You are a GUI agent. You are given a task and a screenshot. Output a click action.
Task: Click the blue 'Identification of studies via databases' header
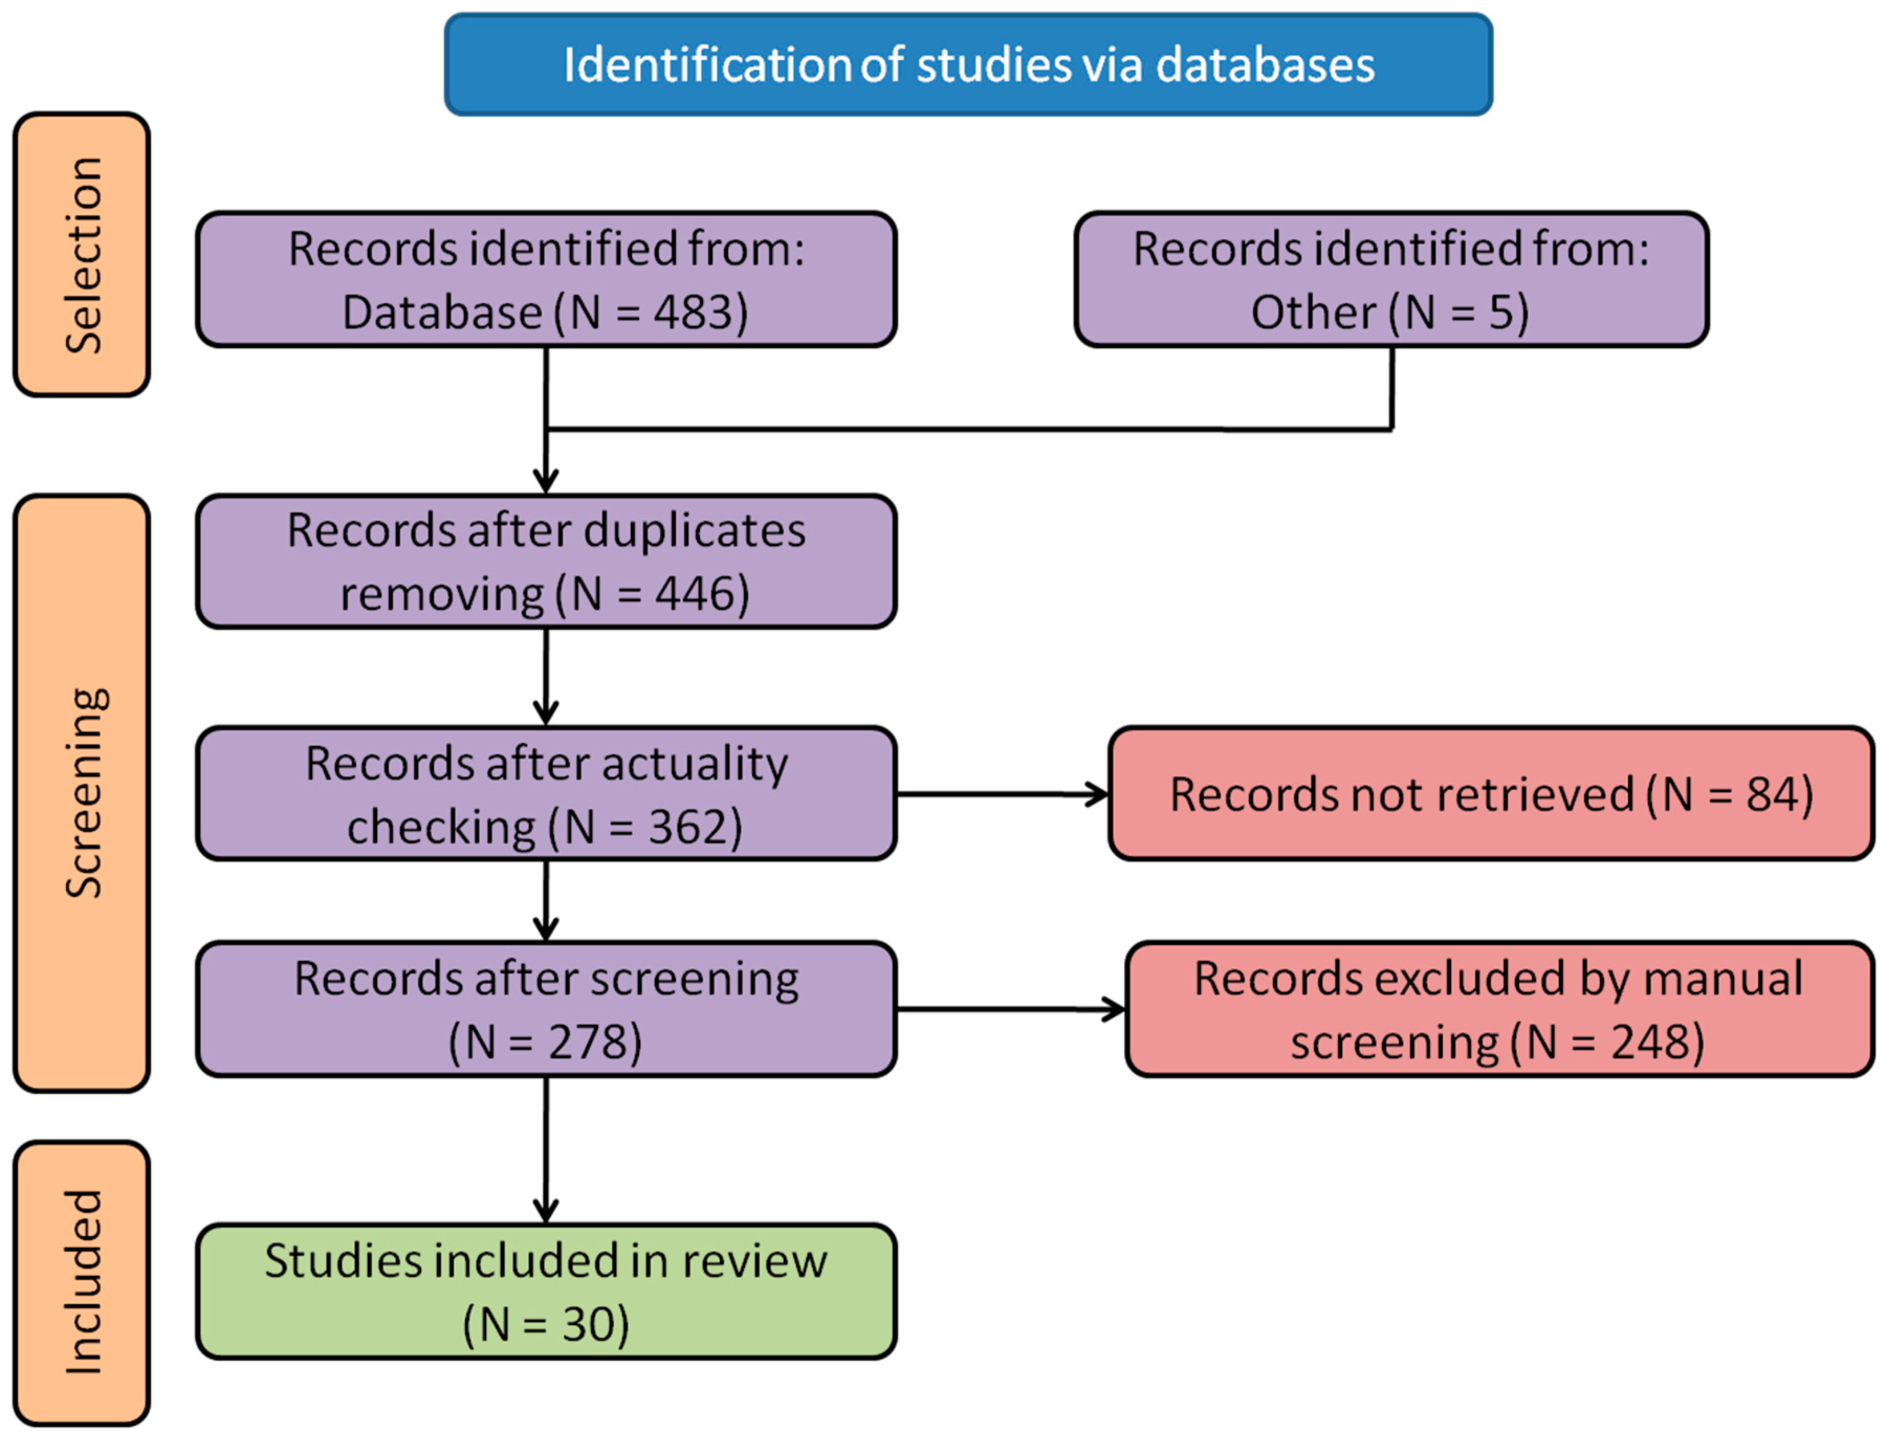(x=968, y=64)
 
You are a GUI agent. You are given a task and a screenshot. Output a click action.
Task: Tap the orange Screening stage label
(x=82, y=793)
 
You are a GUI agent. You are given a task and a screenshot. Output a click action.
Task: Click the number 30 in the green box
(x=588, y=1324)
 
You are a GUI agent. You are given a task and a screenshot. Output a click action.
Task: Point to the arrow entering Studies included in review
(x=546, y=1150)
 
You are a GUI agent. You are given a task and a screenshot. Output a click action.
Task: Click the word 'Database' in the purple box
(x=442, y=312)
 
